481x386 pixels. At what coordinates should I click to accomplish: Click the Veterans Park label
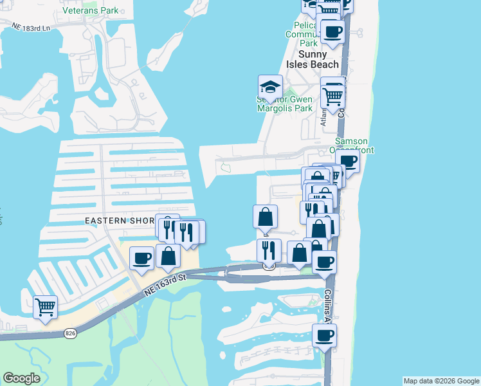[91, 10]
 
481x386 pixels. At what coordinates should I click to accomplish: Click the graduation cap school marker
[271, 87]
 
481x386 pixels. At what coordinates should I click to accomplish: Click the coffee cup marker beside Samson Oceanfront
[347, 162]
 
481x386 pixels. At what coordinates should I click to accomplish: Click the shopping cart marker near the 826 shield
[45, 306]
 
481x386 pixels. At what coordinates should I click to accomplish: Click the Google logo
[21, 378]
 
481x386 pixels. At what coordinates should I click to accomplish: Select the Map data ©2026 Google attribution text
[441, 381]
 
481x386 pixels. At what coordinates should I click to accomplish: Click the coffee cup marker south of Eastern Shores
[142, 259]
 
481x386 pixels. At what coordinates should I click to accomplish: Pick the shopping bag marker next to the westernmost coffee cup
[168, 255]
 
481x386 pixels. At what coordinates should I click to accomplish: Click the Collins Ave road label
[327, 306]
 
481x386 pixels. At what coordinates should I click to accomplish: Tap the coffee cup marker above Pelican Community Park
[332, 32]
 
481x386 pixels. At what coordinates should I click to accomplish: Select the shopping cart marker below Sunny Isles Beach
[333, 96]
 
